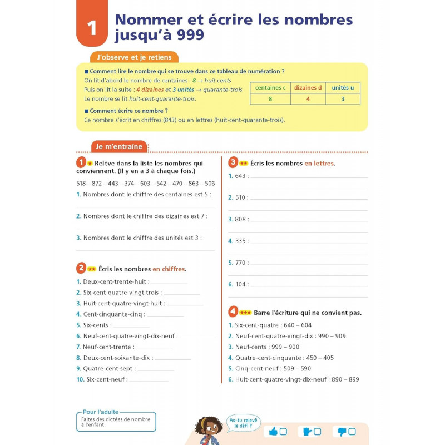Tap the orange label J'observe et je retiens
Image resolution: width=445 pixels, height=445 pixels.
(134, 57)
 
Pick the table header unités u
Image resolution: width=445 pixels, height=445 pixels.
(343, 88)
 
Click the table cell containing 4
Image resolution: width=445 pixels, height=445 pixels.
(307, 99)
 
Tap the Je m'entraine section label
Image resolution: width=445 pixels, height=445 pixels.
(119, 147)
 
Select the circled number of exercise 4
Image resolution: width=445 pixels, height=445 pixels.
(233, 312)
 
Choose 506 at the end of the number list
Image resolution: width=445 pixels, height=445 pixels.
(210, 184)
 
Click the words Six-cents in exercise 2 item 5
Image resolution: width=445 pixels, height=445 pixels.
(96, 325)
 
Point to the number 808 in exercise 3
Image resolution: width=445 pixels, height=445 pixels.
(240, 219)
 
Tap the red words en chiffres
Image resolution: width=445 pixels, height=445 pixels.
(169, 269)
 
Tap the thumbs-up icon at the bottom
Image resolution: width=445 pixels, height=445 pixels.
(273, 432)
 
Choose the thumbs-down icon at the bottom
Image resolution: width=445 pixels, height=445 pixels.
(342, 432)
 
